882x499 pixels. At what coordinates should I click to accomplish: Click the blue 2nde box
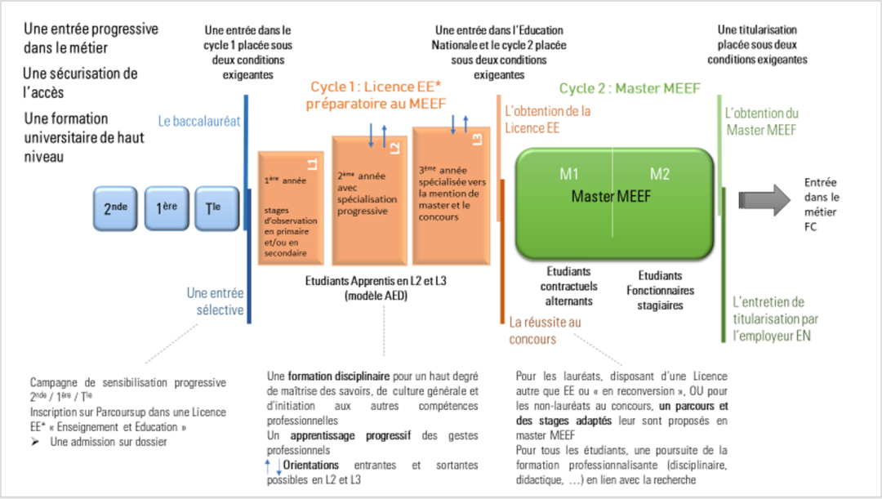click(115, 207)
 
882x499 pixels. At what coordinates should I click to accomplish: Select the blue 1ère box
click(167, 207)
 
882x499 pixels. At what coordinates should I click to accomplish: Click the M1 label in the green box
click(568, 174)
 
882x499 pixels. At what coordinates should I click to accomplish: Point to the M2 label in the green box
click(659, 174)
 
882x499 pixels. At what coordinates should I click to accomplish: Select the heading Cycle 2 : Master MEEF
click(630, 89)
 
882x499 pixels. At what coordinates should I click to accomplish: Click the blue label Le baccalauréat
click(199, 122)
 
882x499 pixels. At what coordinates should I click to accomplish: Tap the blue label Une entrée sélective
click(215, 301)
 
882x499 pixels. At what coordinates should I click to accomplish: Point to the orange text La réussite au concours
click(545, 331)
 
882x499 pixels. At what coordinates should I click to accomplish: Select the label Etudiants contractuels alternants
click(568, 287)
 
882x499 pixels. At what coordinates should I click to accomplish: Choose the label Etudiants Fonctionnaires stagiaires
click(660, 290)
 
